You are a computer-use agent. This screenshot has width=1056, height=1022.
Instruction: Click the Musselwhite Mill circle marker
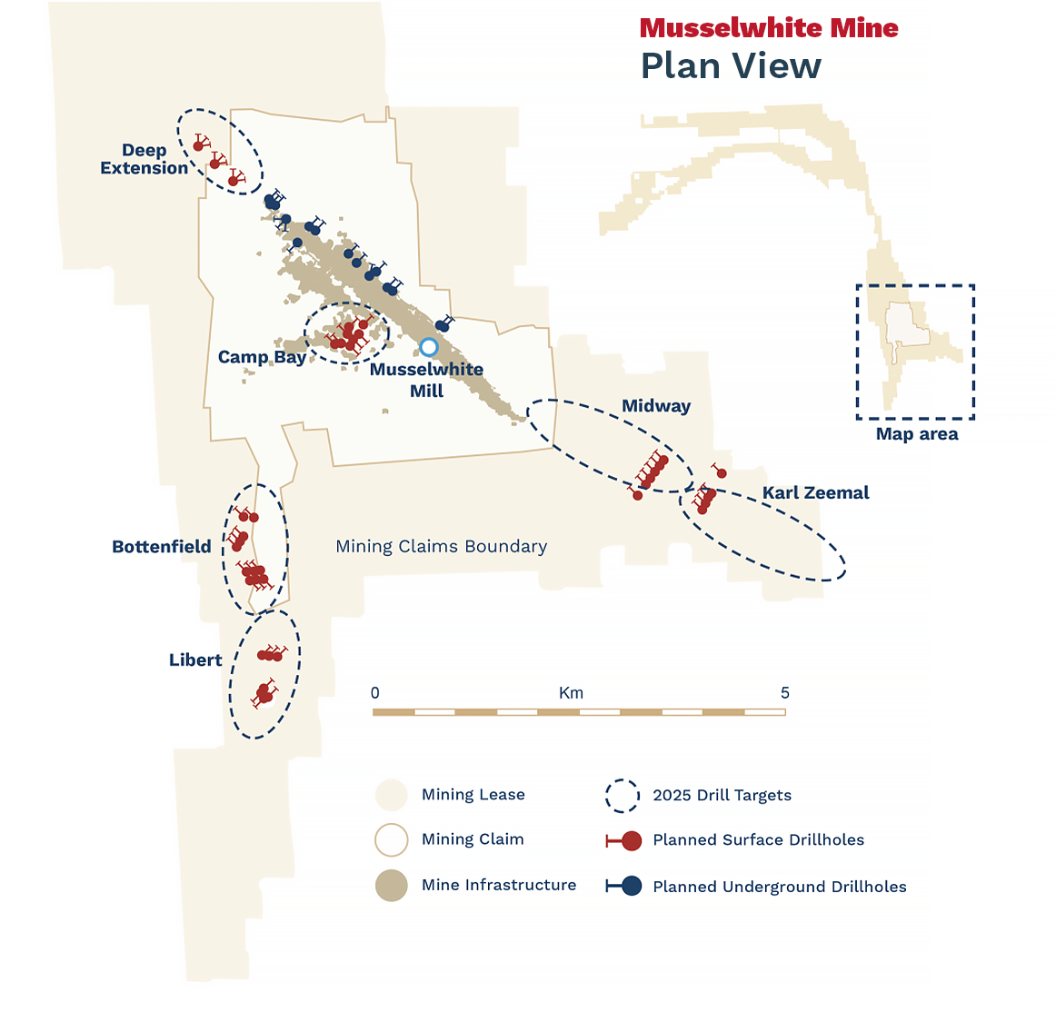(x=429, y=347)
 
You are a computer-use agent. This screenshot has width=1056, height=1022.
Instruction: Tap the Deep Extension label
(x=144, y=159)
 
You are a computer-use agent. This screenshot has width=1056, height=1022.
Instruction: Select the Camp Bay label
(x=262, y=357)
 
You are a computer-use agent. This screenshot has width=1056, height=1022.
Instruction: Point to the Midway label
(x=656, y=406)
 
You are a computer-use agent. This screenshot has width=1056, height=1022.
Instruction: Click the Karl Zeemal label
(x=815, y=492)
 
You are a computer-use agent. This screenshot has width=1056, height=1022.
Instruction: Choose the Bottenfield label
(x=162, y=546)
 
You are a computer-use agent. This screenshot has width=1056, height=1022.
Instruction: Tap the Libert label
(x=195, y=660)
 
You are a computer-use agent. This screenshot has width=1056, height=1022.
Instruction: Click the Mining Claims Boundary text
(x=442, y=546)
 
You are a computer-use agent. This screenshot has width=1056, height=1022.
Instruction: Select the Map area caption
(x=916, y=433)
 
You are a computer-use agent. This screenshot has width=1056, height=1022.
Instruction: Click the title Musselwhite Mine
(x=769, y=28)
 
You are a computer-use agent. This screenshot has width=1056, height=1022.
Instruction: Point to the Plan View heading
(x=731, y=65)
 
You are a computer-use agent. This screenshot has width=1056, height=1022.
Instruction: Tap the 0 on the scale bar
(x=375, y=693)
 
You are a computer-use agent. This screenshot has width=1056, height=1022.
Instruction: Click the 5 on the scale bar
(x=785, y=693)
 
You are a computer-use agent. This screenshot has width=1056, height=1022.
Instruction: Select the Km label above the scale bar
(x=571, y=693)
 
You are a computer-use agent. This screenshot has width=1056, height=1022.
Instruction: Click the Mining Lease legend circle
(x=392, y=795)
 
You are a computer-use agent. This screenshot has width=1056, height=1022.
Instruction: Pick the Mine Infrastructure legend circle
(x=392, y=885)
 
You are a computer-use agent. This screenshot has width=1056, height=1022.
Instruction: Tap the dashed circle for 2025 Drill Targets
(x=623, y=796)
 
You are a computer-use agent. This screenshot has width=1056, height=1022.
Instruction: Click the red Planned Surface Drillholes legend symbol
(x=625, y=840)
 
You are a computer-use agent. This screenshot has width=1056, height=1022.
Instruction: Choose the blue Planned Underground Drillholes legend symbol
(x=625, y=886)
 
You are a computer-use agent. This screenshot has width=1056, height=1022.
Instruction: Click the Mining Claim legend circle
(x=392, y=839)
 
